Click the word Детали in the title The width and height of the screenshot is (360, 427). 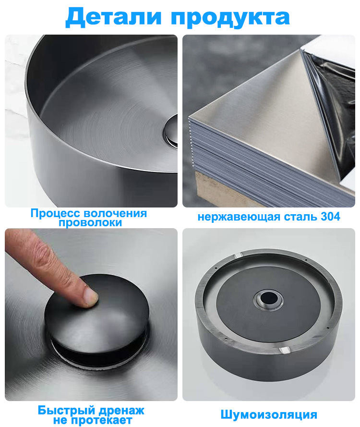click(113, 17)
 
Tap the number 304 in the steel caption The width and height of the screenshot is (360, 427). click(330, 217)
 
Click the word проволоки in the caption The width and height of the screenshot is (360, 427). click(90, 223)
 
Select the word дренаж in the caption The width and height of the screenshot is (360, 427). click(121, 411)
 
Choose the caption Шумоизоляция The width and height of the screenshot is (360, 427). click(269, 415)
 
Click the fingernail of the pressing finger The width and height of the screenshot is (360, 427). click(90, 295)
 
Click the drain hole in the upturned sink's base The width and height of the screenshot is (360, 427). click(268, 299)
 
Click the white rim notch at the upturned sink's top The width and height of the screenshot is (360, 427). click(238, 255)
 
